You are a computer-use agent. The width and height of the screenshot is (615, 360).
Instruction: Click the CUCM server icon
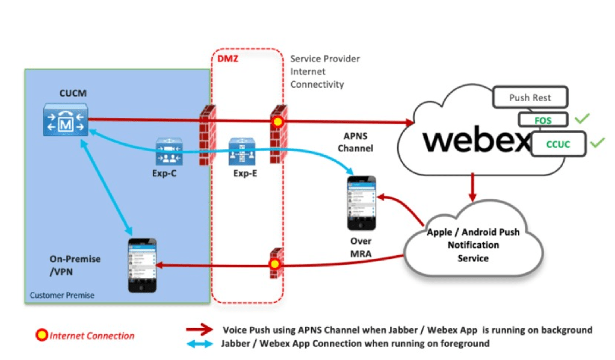pyautogui.click(x=66, y=119)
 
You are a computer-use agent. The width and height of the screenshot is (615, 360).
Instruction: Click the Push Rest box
pyautogui.click(x=530, y=98)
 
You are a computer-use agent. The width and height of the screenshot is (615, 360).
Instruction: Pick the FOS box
pyautogui.click(x=543, y=120)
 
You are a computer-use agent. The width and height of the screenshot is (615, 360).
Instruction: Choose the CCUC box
pyautogui.click(x=558, y=144)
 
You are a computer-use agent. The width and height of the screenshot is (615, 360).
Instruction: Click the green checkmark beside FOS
pyautogui.click(x=581, y=119)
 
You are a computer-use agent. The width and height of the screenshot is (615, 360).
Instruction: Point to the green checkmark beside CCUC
pyautogui.click(x=597, y=143)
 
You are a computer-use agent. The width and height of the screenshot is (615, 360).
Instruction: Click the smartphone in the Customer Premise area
pyautogui.click(x=143, y=265)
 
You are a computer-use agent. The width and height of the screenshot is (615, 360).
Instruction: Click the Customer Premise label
pyautogui.click(x=62, y=296)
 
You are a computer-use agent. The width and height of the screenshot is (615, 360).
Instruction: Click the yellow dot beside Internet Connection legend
pyautogui.click(x=43, y=335)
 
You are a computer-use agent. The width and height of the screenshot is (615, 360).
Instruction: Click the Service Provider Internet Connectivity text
pyautogui.click(x=325, y=72)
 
